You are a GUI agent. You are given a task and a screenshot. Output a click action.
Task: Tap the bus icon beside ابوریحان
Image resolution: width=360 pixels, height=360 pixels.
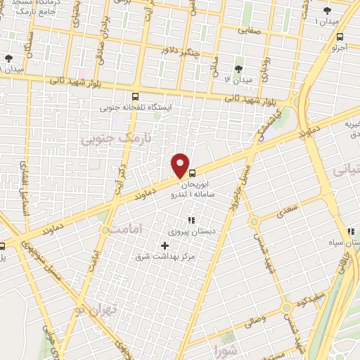(191, 169)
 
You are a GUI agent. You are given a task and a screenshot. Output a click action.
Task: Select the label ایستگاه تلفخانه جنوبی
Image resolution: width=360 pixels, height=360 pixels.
(135, 108)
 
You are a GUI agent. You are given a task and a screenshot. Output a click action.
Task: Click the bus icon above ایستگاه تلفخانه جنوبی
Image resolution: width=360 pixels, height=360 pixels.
(135, 97)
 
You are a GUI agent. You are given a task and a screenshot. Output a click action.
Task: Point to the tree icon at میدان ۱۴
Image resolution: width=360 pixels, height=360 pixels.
(238, 68)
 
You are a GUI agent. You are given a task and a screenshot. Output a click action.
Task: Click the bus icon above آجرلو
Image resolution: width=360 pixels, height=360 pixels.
(340, 37)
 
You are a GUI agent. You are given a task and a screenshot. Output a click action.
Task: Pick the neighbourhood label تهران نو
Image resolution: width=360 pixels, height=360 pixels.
(96, 308)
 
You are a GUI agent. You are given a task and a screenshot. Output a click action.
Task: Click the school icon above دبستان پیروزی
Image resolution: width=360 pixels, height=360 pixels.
(191, 221)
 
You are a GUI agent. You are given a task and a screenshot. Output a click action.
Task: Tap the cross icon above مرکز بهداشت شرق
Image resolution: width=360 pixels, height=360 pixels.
(165, 245)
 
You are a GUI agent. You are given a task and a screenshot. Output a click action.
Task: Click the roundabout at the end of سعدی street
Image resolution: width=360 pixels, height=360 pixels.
(255, 222)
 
